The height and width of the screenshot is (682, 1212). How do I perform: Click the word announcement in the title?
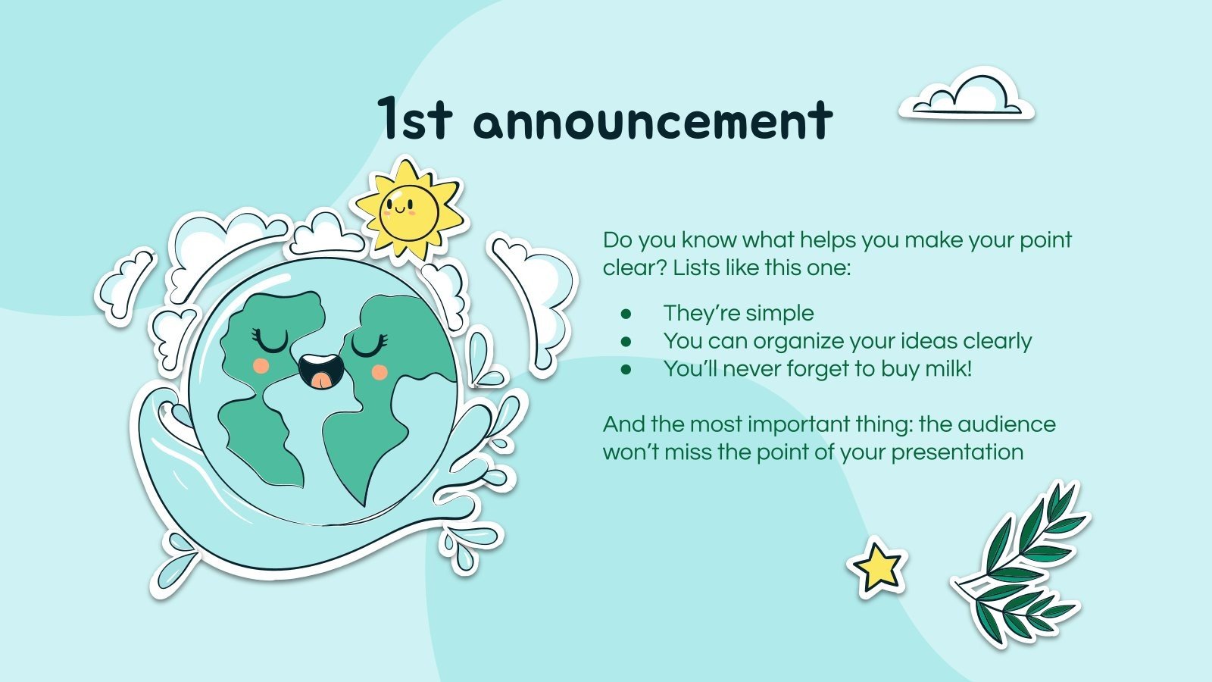click(x=653, y=121)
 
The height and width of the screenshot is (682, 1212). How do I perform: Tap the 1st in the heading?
click(x=415, y=120)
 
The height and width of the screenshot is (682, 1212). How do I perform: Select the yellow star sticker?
click(x=878, y=567)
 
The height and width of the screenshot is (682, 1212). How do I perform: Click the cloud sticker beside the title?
click(x=967, y=96)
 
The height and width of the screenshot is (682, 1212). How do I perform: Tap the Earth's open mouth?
click(x=321, y=370)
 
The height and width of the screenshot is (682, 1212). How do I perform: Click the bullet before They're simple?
click(x=626, y=314)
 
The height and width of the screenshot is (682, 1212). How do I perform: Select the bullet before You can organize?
click(x=626, y=342)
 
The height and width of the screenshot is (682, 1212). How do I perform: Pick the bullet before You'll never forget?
click(x=626, y=370)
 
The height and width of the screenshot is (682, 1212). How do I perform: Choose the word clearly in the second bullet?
click(x=998, y=342)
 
